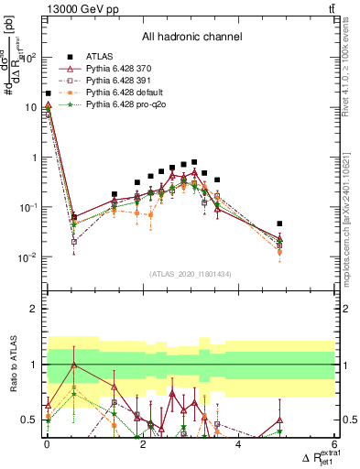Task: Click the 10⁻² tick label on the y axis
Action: click(27, 257)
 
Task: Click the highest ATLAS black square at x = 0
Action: click(48, 93)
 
